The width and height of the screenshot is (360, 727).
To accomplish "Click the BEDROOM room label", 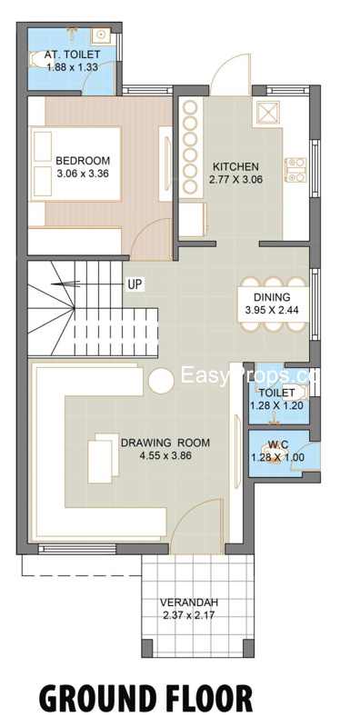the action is click(x=83, y=161).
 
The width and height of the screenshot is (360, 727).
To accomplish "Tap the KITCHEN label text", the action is click(x=235, y=166).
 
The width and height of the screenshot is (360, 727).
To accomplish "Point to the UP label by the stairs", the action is click(x=135, y=284).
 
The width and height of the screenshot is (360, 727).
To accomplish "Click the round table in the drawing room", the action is click(x=161, y=380).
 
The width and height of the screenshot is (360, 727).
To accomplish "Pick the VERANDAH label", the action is click(x=189, y=603).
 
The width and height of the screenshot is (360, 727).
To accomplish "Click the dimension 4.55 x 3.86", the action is click(x=165, y=456).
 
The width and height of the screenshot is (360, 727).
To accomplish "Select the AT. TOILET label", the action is click(x=72, y=55).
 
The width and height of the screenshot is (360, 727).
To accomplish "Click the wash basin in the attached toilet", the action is click(x=99, y=35).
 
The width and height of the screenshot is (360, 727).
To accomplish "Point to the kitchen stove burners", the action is click(x=295, y=170).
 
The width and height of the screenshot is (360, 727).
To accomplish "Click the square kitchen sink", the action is click(x=266, y=113).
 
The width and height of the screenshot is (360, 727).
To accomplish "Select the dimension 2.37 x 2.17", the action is click(x=189, y=615).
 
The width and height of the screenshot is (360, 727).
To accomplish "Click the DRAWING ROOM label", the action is click(x=165, y=443).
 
